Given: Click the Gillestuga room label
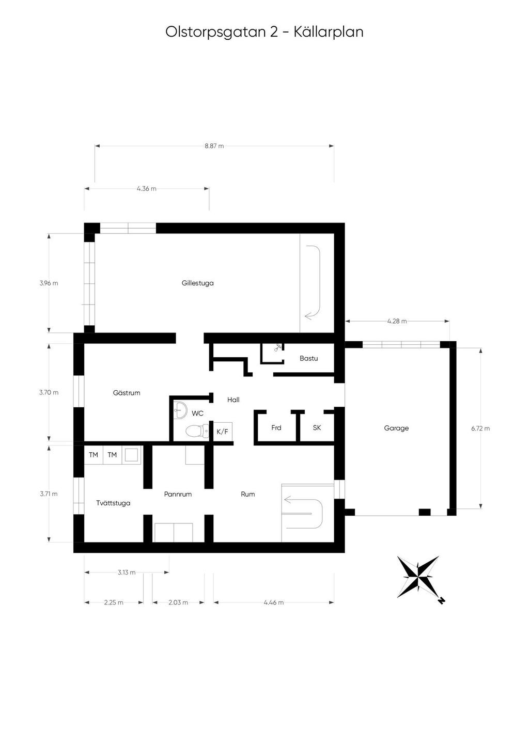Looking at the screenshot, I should tap(197, 283).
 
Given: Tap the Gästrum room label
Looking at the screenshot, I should tap(127, 393).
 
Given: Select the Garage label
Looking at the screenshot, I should tap(396, 428).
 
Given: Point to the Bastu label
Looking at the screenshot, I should tap(308, 358).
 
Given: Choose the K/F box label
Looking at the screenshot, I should tap(222, 432).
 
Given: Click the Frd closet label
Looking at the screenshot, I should tap(276, 427).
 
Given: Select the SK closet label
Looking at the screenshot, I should tap(317, 427).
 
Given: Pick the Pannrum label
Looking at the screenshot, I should tap(178, 494).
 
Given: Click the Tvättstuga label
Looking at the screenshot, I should tap(113, 503).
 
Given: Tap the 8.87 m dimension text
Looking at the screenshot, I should tap(214, 146).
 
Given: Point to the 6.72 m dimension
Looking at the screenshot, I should tap(480, 428).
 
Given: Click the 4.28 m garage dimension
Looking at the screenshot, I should tap(397, 321).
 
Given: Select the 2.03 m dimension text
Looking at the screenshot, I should tap(178, 602).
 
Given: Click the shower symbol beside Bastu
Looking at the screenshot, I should tap(277, 348).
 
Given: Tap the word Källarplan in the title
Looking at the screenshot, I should tap(329, 32).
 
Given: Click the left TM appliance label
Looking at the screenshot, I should tap(94, 455).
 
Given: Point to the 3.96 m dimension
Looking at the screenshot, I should tap(49, 283).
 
